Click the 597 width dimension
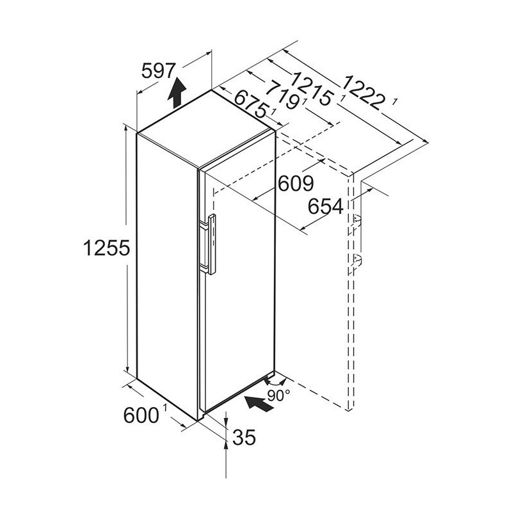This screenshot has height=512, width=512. (x=159, y=71)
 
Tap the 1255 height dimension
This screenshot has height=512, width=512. (x=107, y=248)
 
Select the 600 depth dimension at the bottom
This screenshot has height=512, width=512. (x=141, y=415)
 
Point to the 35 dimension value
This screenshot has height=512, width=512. (x=244, y=437)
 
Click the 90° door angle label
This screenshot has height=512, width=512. (x=278, y=396)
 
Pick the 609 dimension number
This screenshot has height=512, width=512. (x=296, y=184)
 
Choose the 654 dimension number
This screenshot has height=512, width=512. (x=326, y=206)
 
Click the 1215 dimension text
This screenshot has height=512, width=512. (x=312, y=89)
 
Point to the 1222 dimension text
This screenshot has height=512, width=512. (x=362, y=93)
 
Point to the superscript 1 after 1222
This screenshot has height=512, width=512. (x=395, y=102)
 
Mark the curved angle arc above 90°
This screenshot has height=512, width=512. (x=275, y=383)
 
